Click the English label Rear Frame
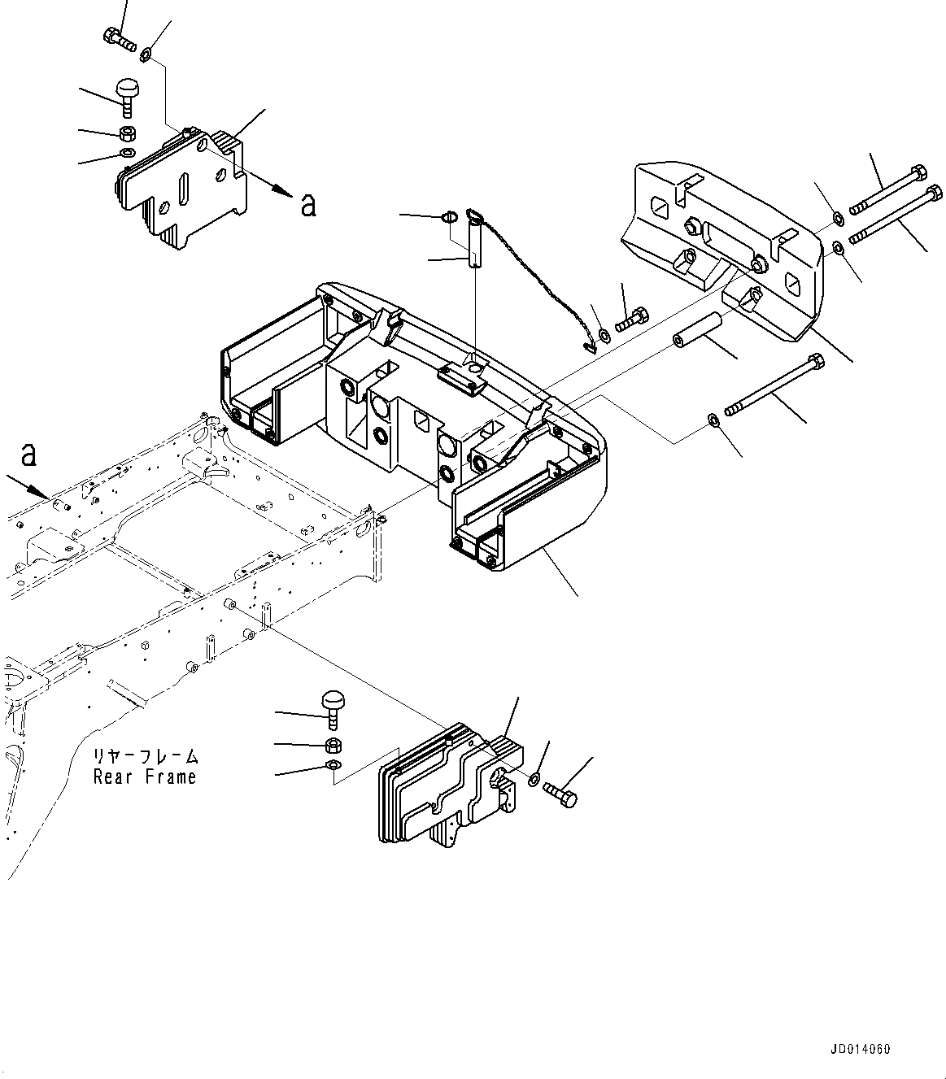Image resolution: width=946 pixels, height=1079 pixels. click(x=145, y=777)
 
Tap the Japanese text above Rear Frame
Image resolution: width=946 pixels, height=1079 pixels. click(x=145, y=756)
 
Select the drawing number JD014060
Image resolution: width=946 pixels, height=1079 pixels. click(x=861, y=1049)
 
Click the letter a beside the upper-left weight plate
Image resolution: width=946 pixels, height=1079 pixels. click(x=308, y=204)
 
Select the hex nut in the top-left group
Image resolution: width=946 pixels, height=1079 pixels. click(x=127, y=133)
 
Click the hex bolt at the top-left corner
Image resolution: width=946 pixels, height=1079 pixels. click(x=119, y=38)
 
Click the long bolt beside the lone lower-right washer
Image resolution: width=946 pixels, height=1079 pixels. click(x=773, y=388)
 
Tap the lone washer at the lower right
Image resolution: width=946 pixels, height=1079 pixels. click(x=713, y=420)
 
